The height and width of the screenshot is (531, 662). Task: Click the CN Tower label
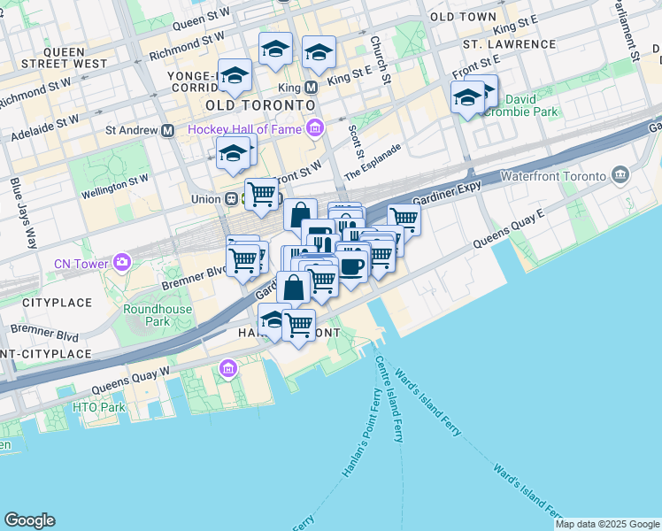pos(81,263)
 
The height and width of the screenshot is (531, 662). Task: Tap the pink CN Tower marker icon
pos(121,263)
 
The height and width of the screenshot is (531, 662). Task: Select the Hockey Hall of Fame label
pos(245,129)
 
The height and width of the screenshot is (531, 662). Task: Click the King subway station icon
pos(311,88)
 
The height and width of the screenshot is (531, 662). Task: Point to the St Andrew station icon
pos(167,130)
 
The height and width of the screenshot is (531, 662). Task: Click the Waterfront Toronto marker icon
pos(619,175)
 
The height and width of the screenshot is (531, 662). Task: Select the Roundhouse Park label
pos(146,315)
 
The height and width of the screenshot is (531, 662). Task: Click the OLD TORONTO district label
pos(259,105)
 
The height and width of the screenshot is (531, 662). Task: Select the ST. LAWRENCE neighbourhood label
pos(509,43)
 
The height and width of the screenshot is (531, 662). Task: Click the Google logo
pos(29,520)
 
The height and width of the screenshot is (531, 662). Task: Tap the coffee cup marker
pos(351,265)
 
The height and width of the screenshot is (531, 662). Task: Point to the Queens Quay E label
pos(508,229)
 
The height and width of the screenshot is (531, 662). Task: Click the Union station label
pos(204,199)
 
